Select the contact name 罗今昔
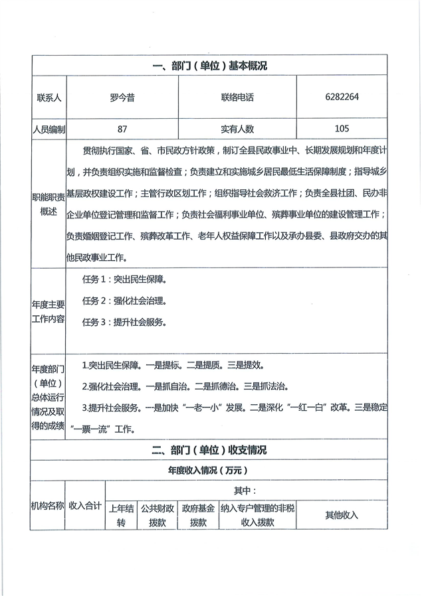click(x=122, y=97)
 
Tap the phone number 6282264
click(x=342, y=97)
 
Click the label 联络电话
click(x=237, y=97)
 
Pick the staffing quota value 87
click(x=122, y=129)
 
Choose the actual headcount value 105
click(x=342, y=129)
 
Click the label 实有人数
click(x=237, y=129)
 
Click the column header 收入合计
click(x=85, y=506)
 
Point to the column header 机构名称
click(x=49, y=506)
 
